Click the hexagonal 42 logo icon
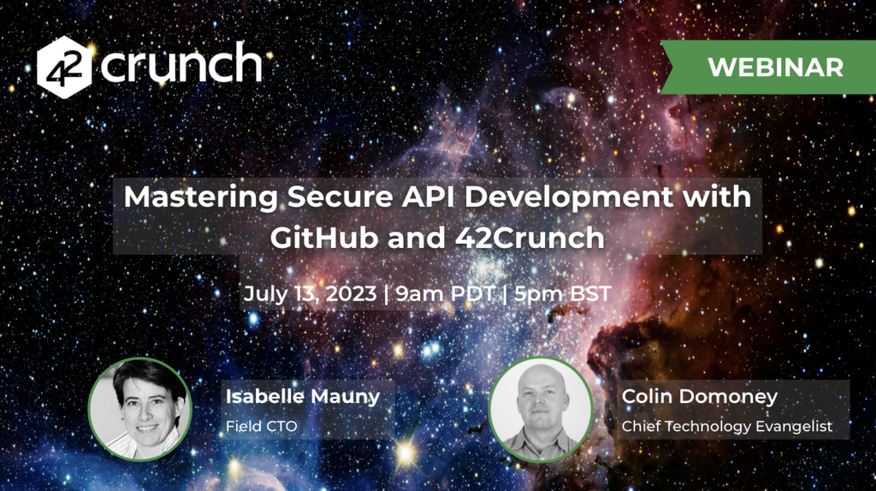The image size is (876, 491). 64,67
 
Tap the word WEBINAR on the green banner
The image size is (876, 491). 775,68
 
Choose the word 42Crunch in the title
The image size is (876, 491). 530,238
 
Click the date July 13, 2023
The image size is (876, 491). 310,293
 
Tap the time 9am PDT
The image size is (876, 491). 445,293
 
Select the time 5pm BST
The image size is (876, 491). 563,293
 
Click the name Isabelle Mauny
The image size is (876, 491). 303,397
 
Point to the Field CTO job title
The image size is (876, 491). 262,426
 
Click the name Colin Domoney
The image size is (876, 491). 700,397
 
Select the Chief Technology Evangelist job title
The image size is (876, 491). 727,427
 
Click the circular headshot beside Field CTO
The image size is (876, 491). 139,409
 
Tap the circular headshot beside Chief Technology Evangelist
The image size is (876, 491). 541,410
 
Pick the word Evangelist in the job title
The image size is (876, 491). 794,427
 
